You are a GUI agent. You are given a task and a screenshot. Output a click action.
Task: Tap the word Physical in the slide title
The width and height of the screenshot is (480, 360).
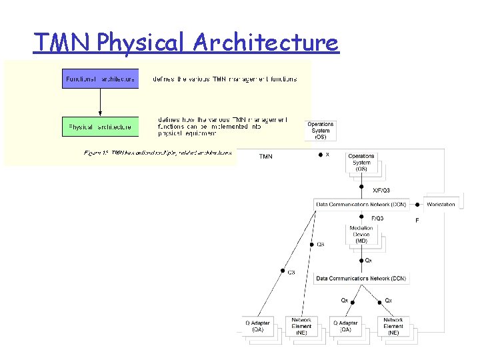pos(142,43)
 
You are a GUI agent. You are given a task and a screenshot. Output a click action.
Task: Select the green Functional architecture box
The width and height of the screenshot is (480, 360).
pos(100,79)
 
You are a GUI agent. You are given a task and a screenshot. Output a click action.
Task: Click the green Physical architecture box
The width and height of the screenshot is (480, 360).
pos(100,126)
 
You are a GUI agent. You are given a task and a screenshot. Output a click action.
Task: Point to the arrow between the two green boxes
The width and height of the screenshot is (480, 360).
pos(100,103)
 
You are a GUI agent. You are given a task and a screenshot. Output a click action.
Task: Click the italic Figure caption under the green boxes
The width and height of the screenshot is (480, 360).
pos(158,153)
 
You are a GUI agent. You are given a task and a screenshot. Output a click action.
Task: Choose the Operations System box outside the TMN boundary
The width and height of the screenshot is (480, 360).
pos(321,130)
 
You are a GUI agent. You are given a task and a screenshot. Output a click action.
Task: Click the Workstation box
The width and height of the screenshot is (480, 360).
pos(441,204)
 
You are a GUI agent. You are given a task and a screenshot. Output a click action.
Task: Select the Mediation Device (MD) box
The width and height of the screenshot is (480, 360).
pos(361,235)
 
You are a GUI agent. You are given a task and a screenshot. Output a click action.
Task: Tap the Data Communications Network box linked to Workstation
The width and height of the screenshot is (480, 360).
pos(361,204)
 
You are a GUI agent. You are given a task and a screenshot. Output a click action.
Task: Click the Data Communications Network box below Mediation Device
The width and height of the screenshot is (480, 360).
pos(361,278)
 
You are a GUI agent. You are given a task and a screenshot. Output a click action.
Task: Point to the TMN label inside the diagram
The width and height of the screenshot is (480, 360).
pos(265,157)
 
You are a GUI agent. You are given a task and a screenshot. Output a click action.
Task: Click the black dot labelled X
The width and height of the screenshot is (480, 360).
pos(320,155)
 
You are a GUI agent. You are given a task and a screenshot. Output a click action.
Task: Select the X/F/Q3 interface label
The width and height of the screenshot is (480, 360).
pos(381,191)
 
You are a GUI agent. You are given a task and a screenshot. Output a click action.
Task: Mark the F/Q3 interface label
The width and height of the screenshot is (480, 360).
pos(377,218)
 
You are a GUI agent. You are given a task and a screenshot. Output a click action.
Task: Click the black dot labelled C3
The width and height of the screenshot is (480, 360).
pos(281,271)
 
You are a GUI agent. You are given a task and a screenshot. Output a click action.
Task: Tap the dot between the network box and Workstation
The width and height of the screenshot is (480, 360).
pos(417,204)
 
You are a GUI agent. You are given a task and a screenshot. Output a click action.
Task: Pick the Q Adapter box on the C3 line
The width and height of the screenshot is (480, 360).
pos(257,326)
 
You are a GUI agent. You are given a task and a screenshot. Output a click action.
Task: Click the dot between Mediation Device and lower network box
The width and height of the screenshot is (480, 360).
pos(361,260)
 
